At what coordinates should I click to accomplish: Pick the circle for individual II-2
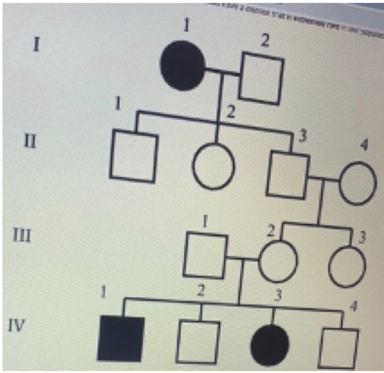click(213, 166)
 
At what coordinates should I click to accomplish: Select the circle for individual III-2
click(278, 260)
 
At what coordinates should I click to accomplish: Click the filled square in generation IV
click(120, 340)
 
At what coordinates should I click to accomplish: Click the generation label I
click(37, 45)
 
